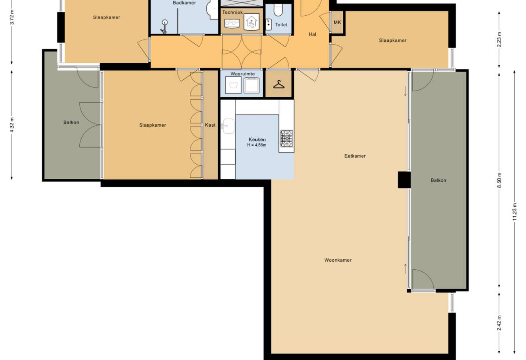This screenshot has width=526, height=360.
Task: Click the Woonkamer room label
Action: coord(338,260)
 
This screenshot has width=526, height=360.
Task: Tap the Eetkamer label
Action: coord(355,156)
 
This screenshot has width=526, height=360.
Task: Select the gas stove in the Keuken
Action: coord(286,138)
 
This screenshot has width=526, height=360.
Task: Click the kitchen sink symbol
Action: coord(228,126)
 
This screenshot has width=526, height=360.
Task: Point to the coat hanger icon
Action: coord(279,84)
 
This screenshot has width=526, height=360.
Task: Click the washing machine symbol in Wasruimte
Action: coord(233,85)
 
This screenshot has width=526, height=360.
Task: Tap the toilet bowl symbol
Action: coord(278,10)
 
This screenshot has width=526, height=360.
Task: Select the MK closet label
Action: coord(337,23)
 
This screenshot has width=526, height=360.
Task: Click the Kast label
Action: coord(210,125)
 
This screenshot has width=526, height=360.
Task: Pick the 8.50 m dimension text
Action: coord(499,180)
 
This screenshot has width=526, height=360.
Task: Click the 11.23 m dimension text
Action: coord(515,212)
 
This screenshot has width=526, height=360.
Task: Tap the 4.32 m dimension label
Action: coord(12,125)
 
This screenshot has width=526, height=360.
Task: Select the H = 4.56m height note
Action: coord(257,145)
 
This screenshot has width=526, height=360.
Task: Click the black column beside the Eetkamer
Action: coord(404,180)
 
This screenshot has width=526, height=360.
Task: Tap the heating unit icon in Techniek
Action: coord(252,22)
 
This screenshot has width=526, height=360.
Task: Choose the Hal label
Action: coord(312,34)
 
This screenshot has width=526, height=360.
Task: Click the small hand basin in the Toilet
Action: coord(269,24)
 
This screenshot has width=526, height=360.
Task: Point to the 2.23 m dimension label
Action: coord(499,39)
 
